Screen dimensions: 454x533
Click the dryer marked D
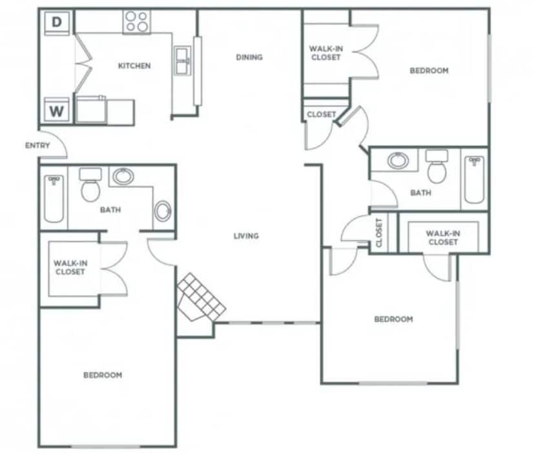click(x=57, y=23)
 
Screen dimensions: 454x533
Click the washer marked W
click(x=57, y=110)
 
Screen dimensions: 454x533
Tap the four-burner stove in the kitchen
click(x=137, y=22)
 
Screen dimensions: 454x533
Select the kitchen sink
click(x=182, y=61)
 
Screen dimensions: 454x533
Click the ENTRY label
click(x=37, y=145)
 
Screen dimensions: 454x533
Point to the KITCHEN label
click(x=134, y=66)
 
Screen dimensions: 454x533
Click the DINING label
click(x=249, y=57)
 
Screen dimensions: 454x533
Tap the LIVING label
click(x=246, y=236)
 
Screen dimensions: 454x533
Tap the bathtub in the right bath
click(x=474, y=179)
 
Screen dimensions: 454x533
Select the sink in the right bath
click(x=398, y=160)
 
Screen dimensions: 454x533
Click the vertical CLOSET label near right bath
click(x=379, y=232)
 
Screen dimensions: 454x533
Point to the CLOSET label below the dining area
click(x=321, y=114)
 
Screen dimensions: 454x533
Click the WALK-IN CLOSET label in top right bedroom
click(x=325, y=52)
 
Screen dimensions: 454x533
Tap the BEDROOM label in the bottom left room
click(x=103, y=375)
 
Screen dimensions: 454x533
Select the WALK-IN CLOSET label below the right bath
click(x=443, y=237)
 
